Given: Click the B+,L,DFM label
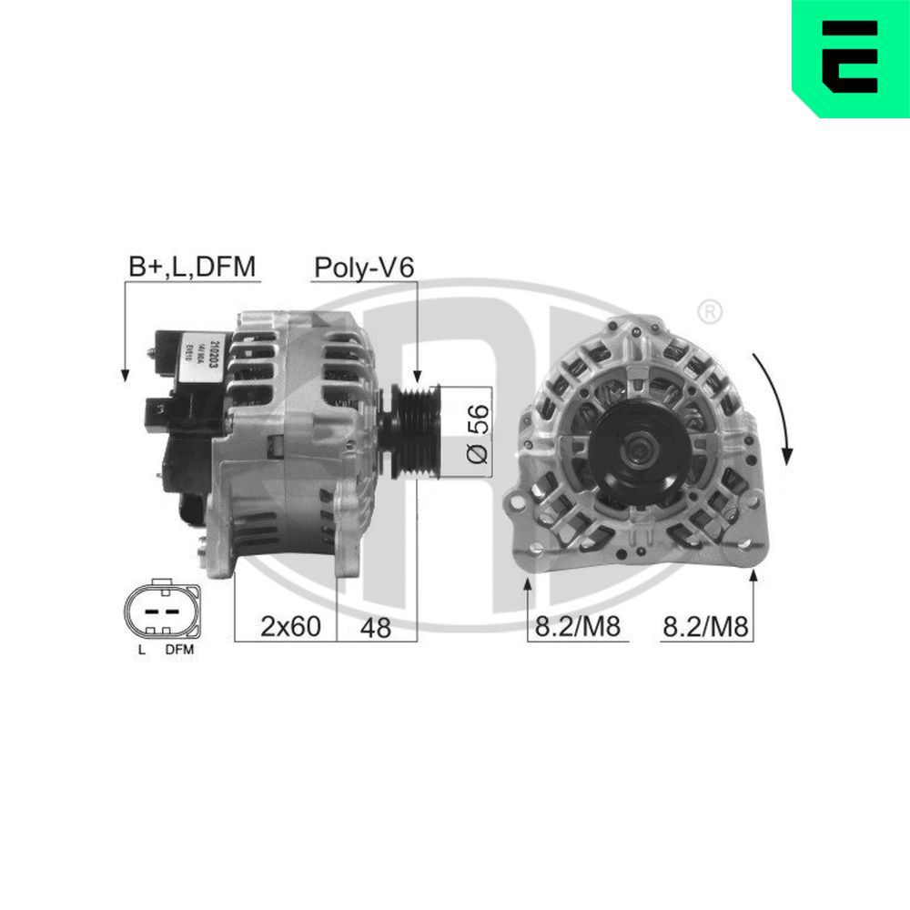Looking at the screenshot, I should (192, 266).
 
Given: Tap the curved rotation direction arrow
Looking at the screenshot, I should (779, 405).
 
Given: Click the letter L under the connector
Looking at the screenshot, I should (142, 651).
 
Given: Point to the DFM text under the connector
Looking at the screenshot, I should (179, 651).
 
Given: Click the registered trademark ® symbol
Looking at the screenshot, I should (709, 312).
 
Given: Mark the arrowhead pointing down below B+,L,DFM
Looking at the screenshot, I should (124, 373).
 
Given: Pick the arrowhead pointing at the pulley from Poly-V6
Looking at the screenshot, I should (417, 375).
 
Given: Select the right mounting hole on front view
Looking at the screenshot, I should (754, 500).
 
